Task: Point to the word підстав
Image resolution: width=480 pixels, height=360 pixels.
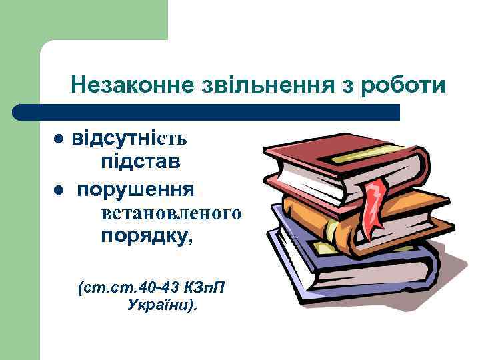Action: [x=141, y=162]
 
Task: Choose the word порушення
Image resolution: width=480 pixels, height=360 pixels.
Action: [x=135, y=189]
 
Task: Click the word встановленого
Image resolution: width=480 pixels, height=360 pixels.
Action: [x=171, y=213]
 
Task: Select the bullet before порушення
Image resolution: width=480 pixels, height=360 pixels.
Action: [x=59, y=191]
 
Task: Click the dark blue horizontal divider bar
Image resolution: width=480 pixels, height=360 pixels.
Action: [x=207, y=112]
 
